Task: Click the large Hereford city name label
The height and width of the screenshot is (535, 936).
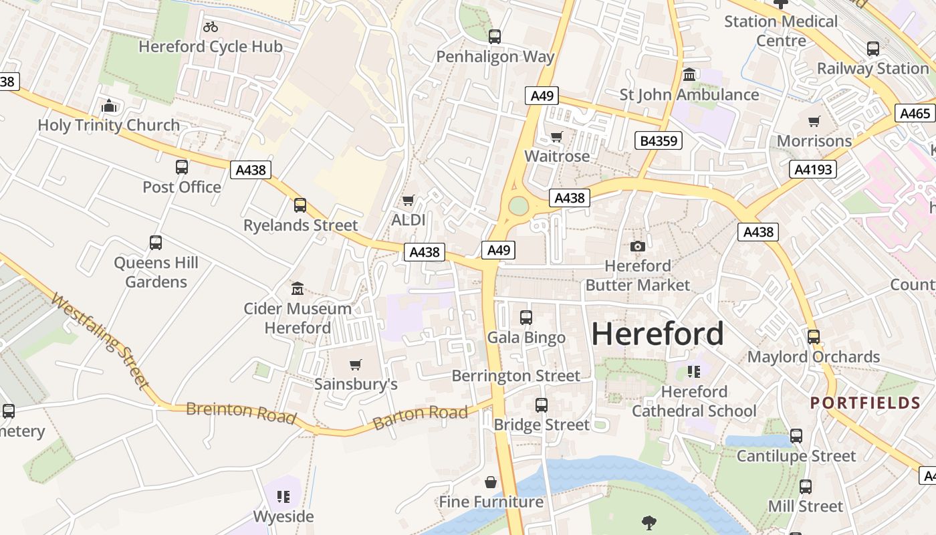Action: point(657,334)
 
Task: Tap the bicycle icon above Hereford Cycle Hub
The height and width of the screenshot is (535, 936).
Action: point(211,27)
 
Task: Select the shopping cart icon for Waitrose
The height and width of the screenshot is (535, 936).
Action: point(556,137)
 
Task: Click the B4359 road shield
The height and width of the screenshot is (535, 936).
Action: point(659,140)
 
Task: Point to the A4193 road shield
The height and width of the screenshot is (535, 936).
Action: point(813,169)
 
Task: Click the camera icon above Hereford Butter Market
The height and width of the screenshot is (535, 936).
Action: point(638,246)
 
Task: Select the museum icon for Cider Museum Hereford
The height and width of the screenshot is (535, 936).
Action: point(298,289)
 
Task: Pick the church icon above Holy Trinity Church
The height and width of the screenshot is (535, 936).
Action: point(109,106)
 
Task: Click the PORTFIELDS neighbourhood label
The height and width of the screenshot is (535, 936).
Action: point(865,403)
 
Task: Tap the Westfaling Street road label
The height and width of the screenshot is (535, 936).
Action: point(99,342)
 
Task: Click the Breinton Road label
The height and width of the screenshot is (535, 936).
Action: point(241,413)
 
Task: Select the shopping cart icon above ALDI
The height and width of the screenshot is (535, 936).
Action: point(408,201)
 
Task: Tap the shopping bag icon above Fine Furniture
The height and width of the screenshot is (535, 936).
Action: point(491,482)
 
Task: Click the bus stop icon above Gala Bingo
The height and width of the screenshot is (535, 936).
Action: point(526,318)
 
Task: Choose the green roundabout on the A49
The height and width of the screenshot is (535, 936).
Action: point(518,206)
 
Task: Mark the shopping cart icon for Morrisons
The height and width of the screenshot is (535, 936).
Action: point(814,122)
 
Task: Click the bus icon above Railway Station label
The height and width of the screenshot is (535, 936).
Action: point(872,49)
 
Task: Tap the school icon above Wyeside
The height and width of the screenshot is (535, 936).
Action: point(283,497)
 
